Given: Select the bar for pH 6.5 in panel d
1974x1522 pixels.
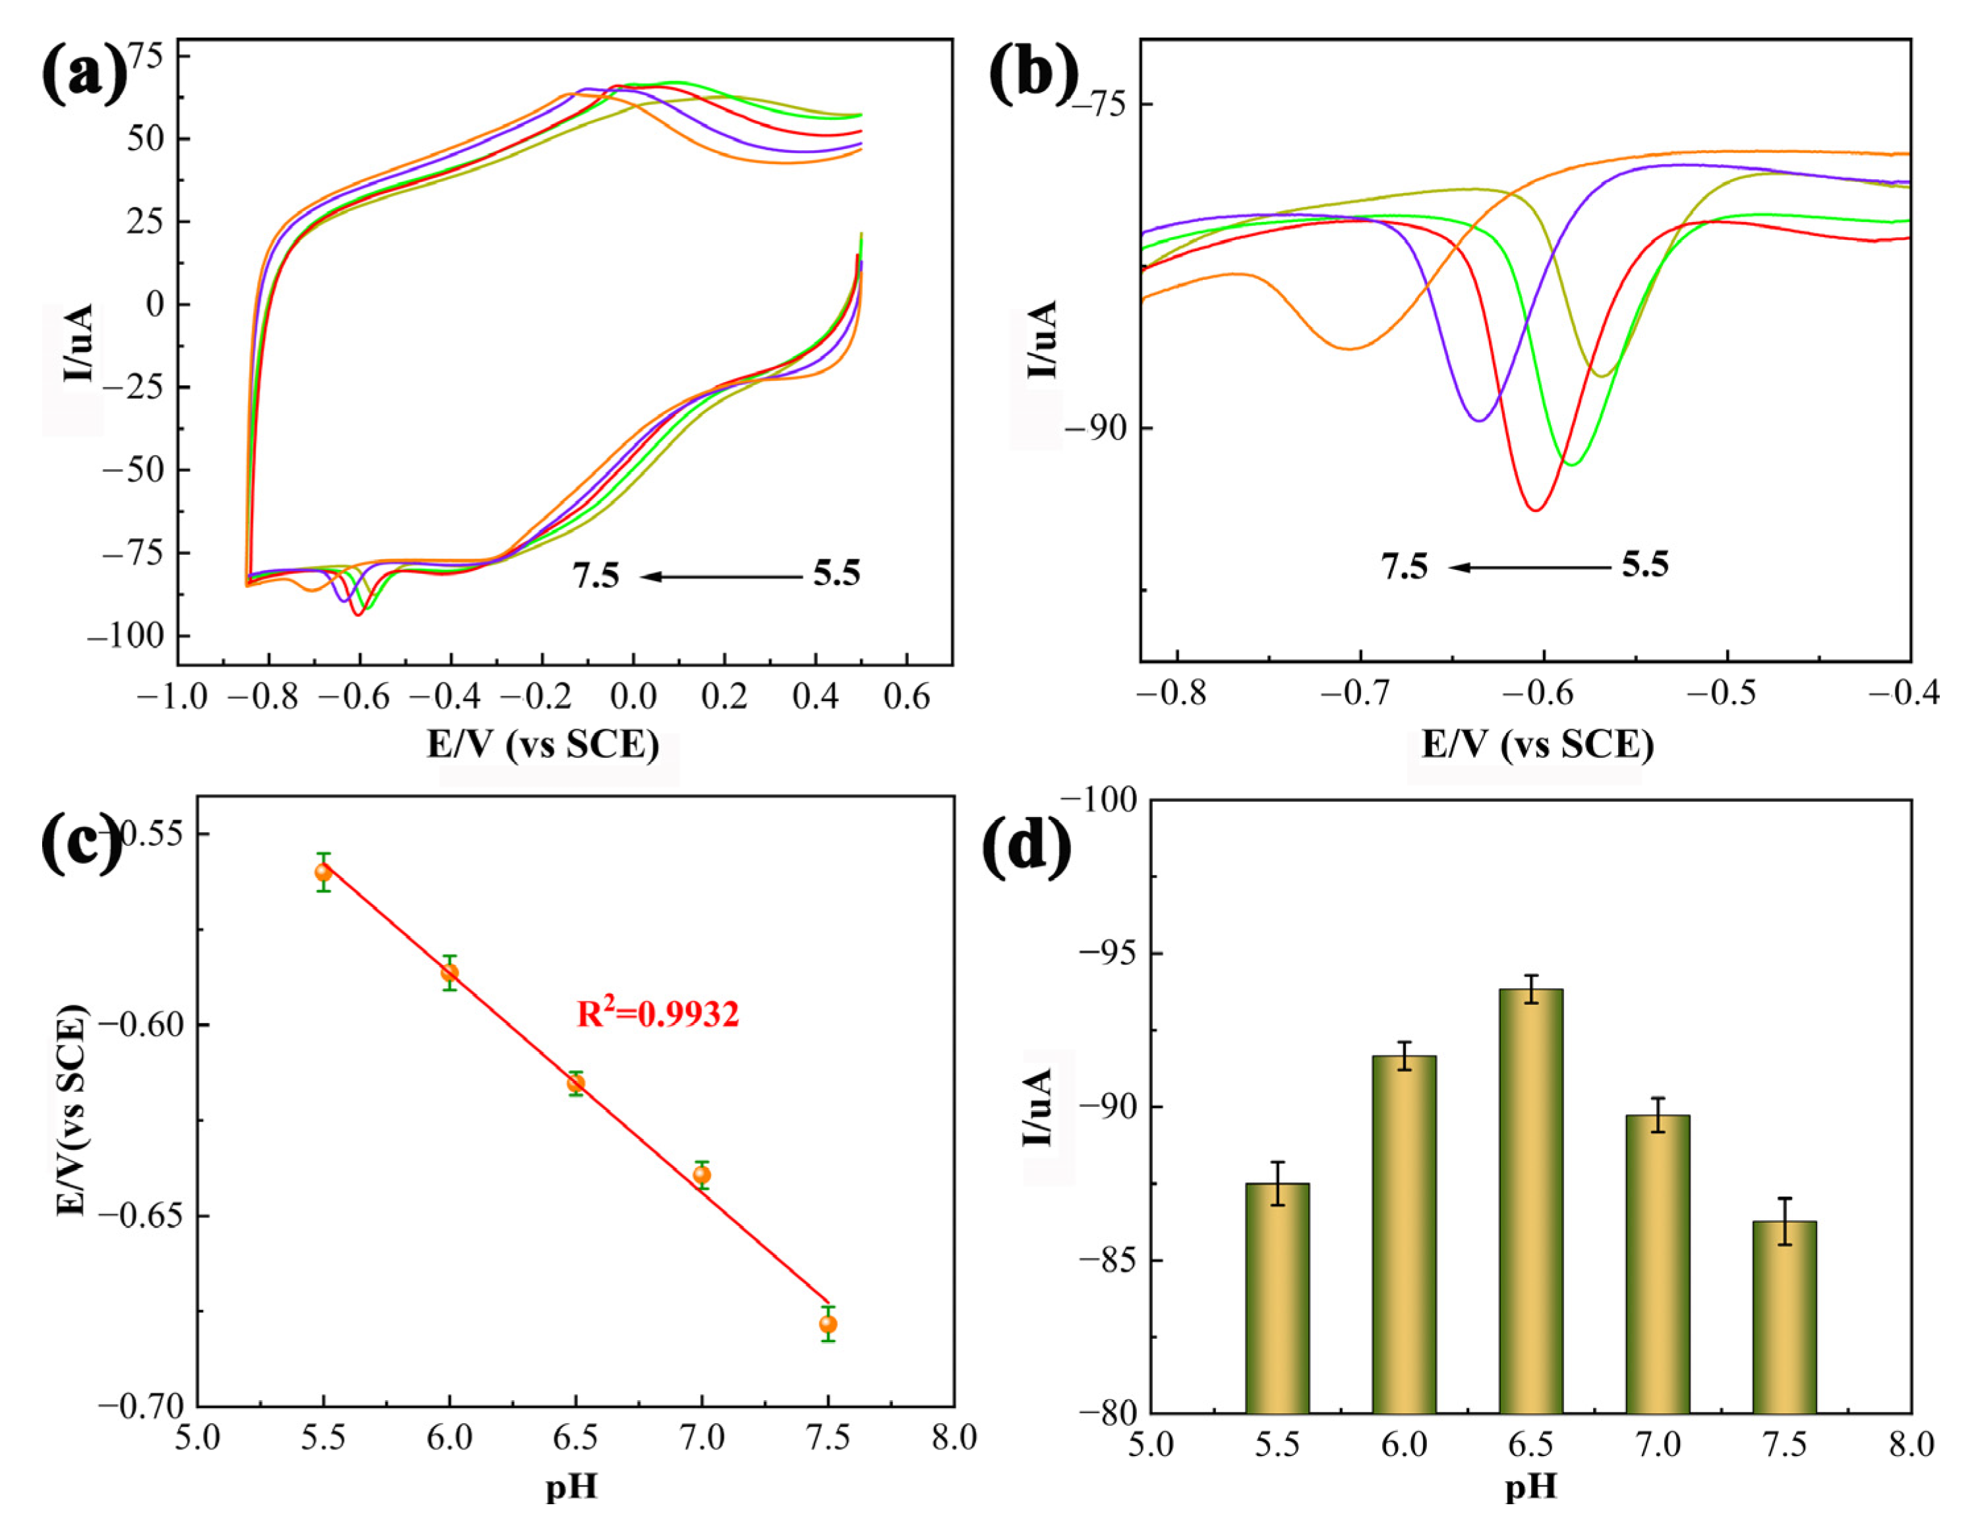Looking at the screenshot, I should (1530, 1201).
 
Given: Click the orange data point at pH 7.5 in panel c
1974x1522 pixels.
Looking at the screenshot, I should (828, 1324).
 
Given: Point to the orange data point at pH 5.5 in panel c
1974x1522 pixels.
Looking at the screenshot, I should (324, 872).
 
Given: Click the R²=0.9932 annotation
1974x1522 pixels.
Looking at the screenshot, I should (658, 1014).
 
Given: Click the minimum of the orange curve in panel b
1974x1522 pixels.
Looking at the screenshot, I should (1349, 348).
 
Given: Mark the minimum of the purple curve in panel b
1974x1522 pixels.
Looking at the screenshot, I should (1479, 420).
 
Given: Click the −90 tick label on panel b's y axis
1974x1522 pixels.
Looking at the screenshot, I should (1095, 428).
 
